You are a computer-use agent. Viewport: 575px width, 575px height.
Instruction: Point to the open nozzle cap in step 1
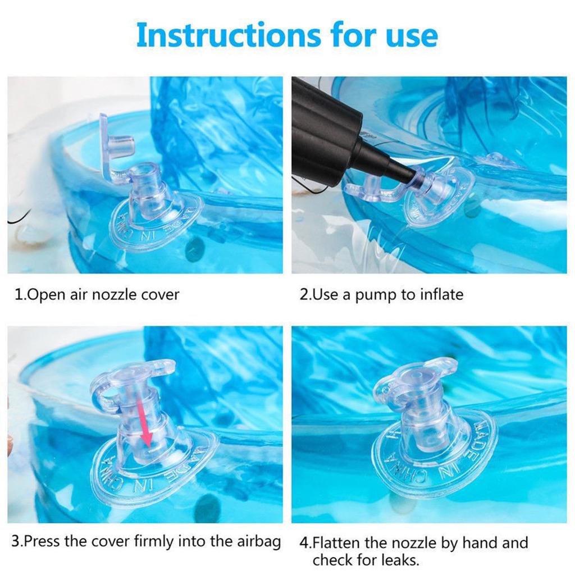(x=115, y=145)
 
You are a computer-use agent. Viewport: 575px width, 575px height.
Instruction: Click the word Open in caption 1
(x=46, y=294)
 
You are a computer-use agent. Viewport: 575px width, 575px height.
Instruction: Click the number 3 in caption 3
(x=16, y=542)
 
